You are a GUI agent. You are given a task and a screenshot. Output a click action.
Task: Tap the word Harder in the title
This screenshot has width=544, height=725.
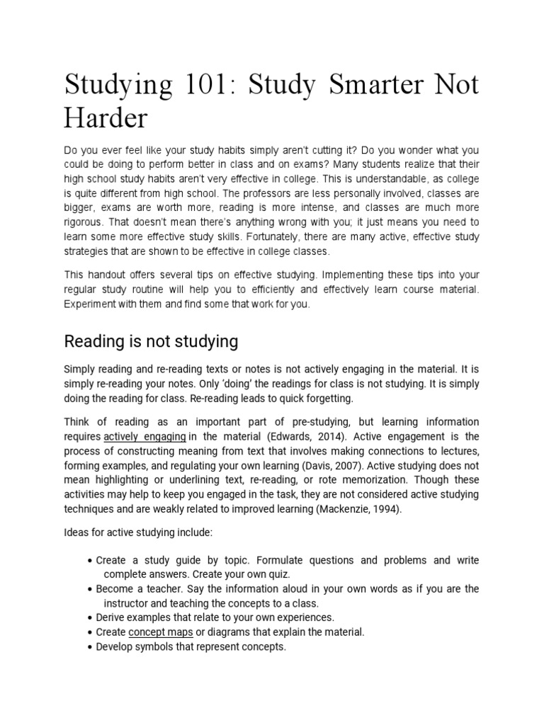[106, 118]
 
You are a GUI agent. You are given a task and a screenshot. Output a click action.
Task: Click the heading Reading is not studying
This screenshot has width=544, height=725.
[151, 342]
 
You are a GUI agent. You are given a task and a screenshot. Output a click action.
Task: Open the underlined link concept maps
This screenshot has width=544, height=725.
[161, 632]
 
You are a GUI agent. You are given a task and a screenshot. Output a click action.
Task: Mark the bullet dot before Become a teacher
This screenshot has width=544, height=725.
[89, 589]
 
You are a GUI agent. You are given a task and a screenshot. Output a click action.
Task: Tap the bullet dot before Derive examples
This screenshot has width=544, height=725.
[89, 617]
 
